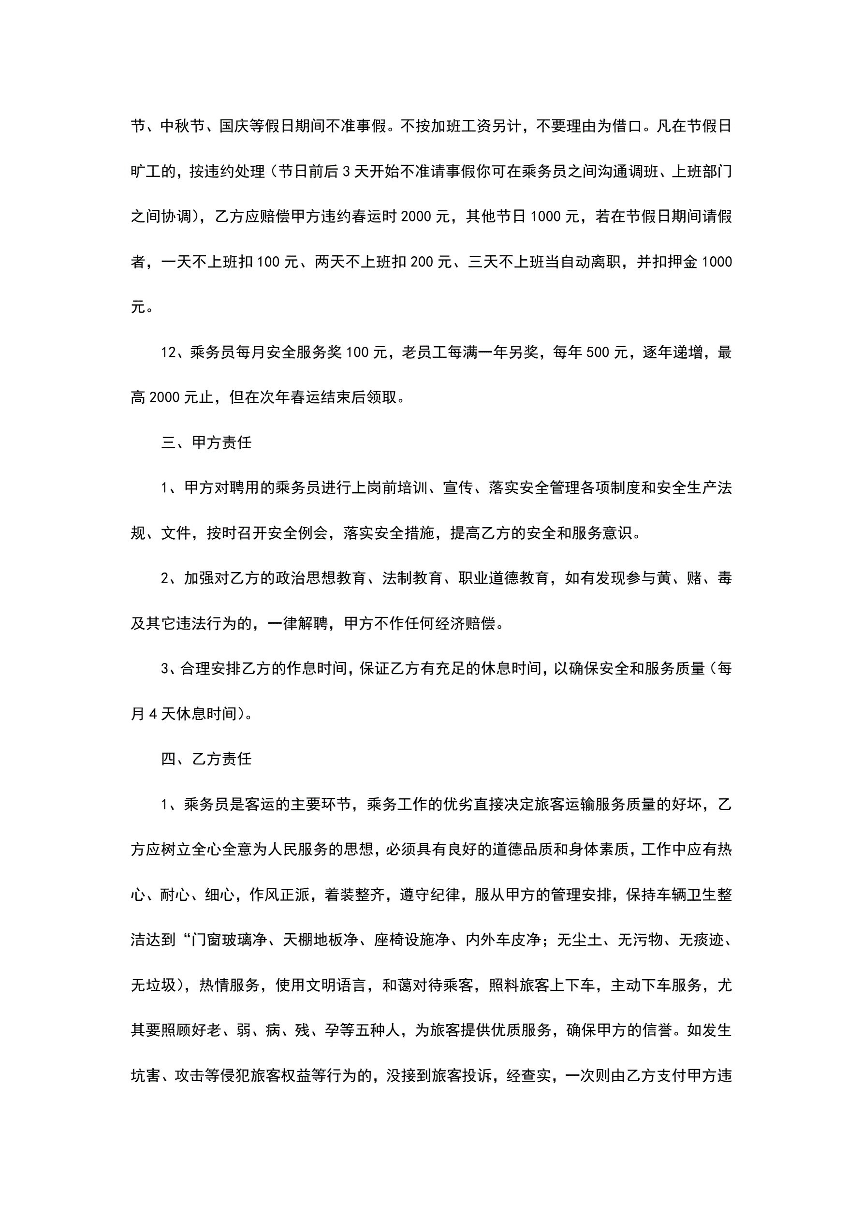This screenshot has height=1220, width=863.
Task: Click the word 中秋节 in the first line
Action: click(182, 126)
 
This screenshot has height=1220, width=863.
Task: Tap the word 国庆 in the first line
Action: click(234, 126)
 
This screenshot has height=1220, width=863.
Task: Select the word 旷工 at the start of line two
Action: click(146, 171)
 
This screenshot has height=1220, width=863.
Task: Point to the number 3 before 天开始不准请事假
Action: click(347, 172)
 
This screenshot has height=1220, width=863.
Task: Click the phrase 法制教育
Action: click(412, 578)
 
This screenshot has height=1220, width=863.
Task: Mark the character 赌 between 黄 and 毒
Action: click(694, 578)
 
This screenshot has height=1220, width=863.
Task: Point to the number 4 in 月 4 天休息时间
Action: click(153, 714)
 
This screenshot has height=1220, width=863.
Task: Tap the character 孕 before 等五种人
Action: click(332, 1030)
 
